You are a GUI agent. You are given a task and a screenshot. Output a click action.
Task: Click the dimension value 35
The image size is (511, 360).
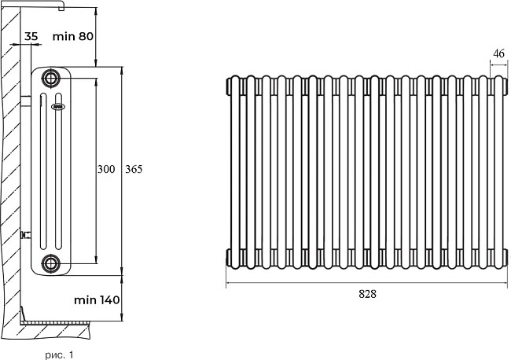tap(31, 36)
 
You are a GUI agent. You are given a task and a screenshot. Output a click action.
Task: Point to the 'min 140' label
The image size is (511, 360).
tap(96, 299)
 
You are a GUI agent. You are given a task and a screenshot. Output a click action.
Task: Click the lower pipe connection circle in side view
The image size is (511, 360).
tap(51, 263)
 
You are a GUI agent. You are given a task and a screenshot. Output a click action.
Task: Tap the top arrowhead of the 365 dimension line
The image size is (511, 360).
tap(123, 69)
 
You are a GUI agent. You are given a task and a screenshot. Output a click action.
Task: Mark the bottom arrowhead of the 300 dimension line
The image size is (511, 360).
tap(95, 259)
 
